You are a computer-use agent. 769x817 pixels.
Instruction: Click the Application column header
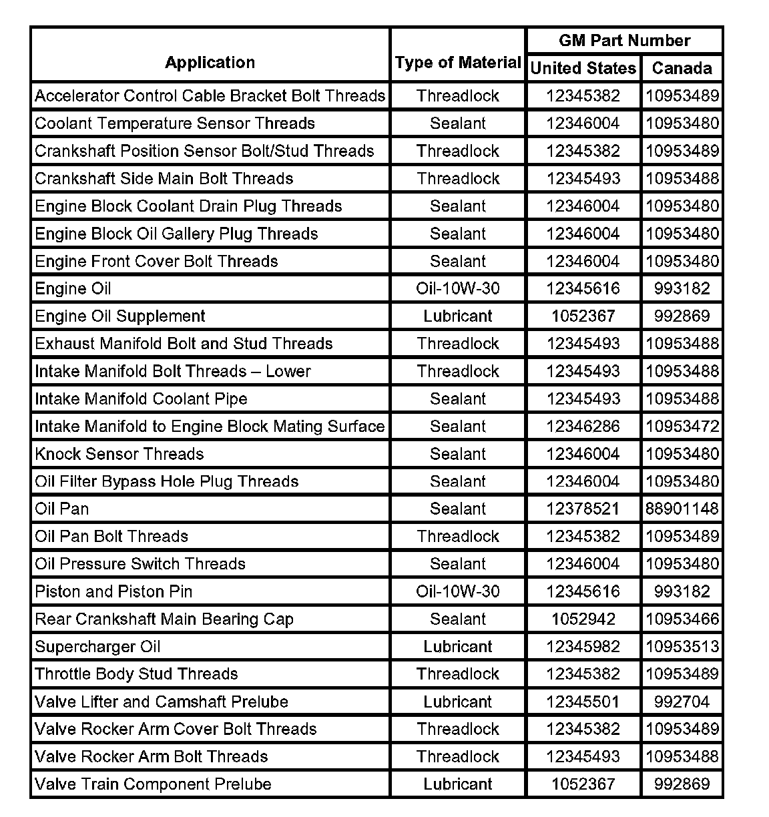coord(210,63)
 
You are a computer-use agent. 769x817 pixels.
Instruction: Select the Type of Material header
coord(458,63)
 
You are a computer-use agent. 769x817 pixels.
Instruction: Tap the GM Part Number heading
coord(624,41)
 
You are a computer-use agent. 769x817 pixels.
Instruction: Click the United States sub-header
coord(583,68)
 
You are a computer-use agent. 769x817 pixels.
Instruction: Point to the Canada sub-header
coord(682,68)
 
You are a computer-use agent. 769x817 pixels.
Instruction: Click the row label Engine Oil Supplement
coord(120,316)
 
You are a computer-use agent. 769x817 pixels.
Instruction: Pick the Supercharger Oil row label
coord(97,646)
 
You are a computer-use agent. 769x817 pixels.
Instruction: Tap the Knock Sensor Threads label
coord(119,454)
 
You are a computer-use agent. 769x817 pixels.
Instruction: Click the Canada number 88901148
coord(682,509)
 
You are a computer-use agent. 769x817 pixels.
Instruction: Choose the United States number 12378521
coord(583,509)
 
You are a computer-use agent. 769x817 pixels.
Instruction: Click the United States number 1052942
coord(583,619)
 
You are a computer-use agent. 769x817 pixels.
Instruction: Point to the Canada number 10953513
coord(682,646)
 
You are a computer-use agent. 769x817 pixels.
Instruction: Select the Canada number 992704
coord(682,702)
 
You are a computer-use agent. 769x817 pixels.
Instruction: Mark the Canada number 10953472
coord(682,426)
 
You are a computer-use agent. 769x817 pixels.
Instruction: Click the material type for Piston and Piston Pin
coord(458,591)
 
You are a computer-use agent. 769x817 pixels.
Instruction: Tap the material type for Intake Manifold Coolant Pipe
coord(458,398)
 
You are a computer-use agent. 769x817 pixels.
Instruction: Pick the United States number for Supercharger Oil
coord(583,646)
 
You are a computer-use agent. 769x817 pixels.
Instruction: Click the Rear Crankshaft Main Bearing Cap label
coord(164,619)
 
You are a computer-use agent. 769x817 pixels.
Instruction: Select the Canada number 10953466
coord(682,619)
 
